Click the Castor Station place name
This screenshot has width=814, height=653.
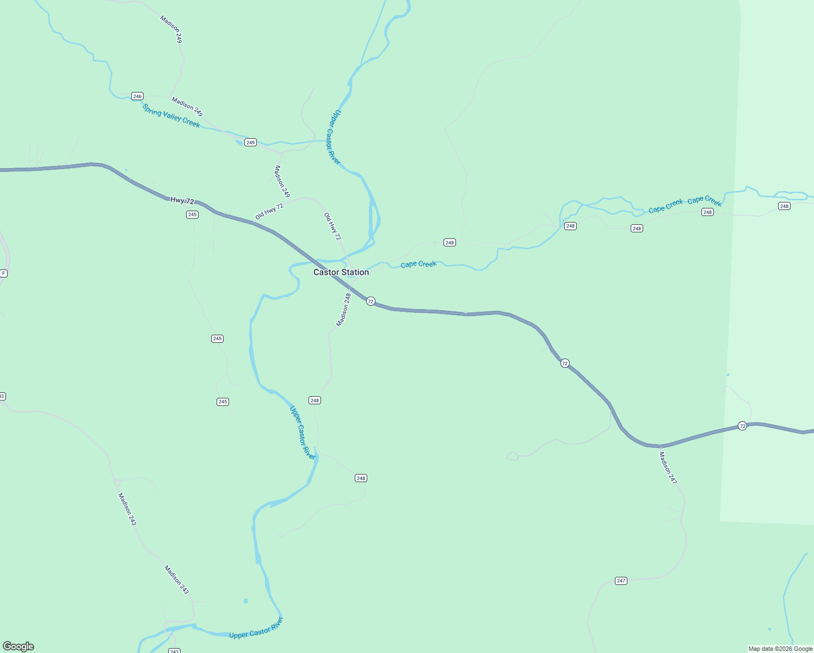[341, 272]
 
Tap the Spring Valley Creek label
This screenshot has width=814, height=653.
[171, 116]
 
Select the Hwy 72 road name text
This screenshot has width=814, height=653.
[182, 201]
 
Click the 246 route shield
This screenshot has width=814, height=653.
[137, 96]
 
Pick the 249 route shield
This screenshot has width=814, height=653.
[250, 143]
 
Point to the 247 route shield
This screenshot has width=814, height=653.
[621, 581]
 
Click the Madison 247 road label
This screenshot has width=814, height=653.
[668, 467]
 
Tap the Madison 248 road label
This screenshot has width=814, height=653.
[343, 310]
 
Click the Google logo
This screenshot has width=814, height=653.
[18, 646]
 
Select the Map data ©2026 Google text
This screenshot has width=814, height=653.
[780, 649]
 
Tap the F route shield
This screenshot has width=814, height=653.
[4, 273]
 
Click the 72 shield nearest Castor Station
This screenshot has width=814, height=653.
[371, 301]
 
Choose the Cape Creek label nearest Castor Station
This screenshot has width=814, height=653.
[418, 264]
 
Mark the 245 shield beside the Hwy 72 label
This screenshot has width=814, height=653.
[192, 214]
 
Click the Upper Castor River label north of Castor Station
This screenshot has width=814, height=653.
[334, 137]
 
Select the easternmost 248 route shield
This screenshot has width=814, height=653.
[784, 206]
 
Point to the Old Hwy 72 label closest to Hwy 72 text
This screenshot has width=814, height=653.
[269, 211]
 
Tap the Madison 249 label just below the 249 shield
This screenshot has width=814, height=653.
[282, 181]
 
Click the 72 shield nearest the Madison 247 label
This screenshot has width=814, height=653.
[742, 426]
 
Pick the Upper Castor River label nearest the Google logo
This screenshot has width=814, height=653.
[256, 628]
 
